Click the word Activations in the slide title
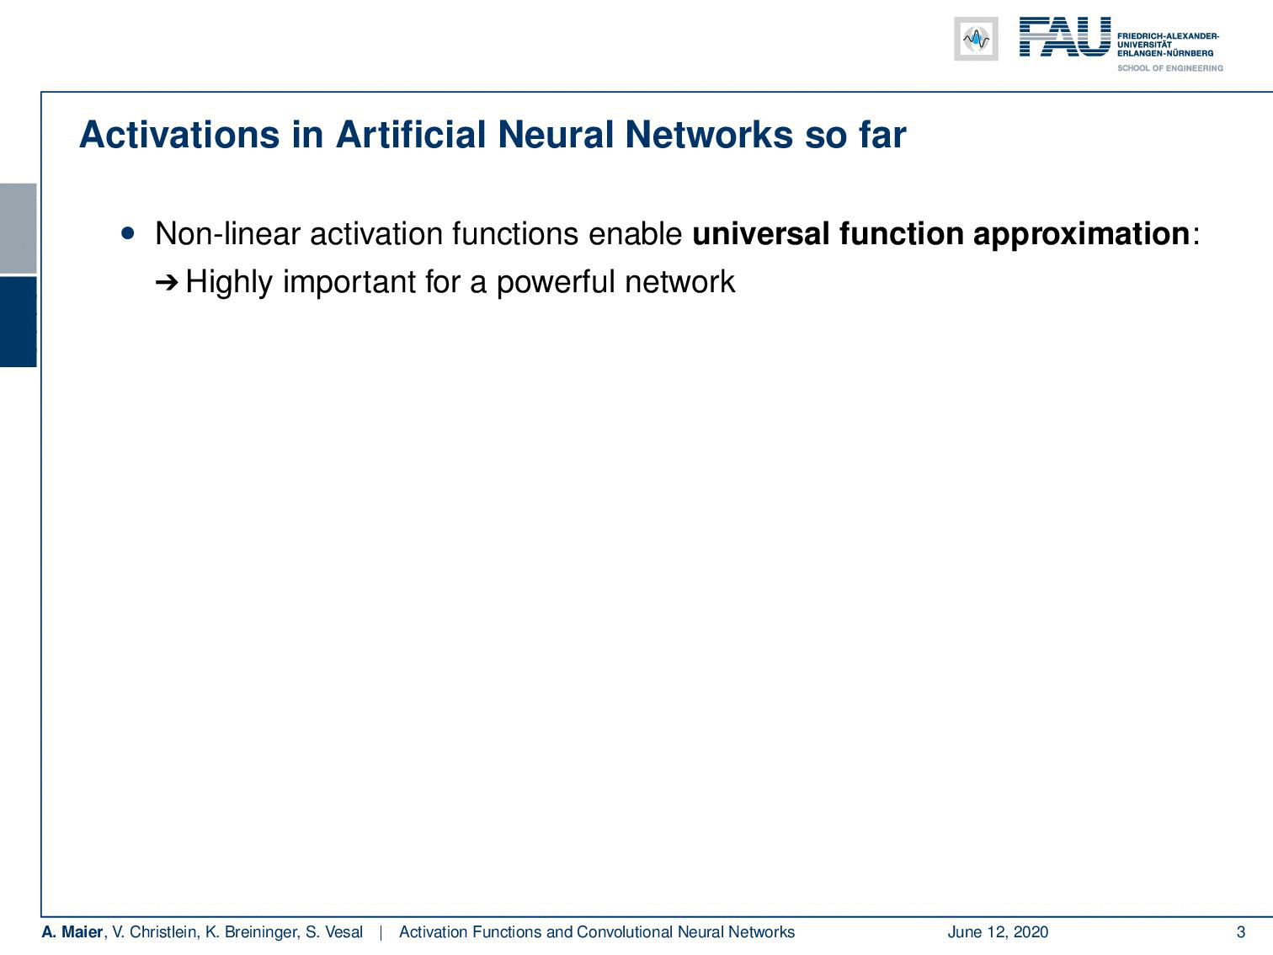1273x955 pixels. point(179,135)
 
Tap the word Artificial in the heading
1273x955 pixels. point(410,135)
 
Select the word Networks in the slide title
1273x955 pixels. point(709,135)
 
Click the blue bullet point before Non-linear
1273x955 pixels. point(128,233)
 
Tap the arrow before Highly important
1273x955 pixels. point(167,283)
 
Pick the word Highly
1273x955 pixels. point(229,282)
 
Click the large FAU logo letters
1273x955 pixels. point(1065,37)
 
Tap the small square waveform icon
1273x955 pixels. point(976,39)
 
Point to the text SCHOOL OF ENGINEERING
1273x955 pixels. point(1169,68)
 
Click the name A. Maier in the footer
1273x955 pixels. point(72,931)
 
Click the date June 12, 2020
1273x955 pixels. point(998,931)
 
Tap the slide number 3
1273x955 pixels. point(1240,931)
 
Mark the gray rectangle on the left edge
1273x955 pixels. point(18,228)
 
